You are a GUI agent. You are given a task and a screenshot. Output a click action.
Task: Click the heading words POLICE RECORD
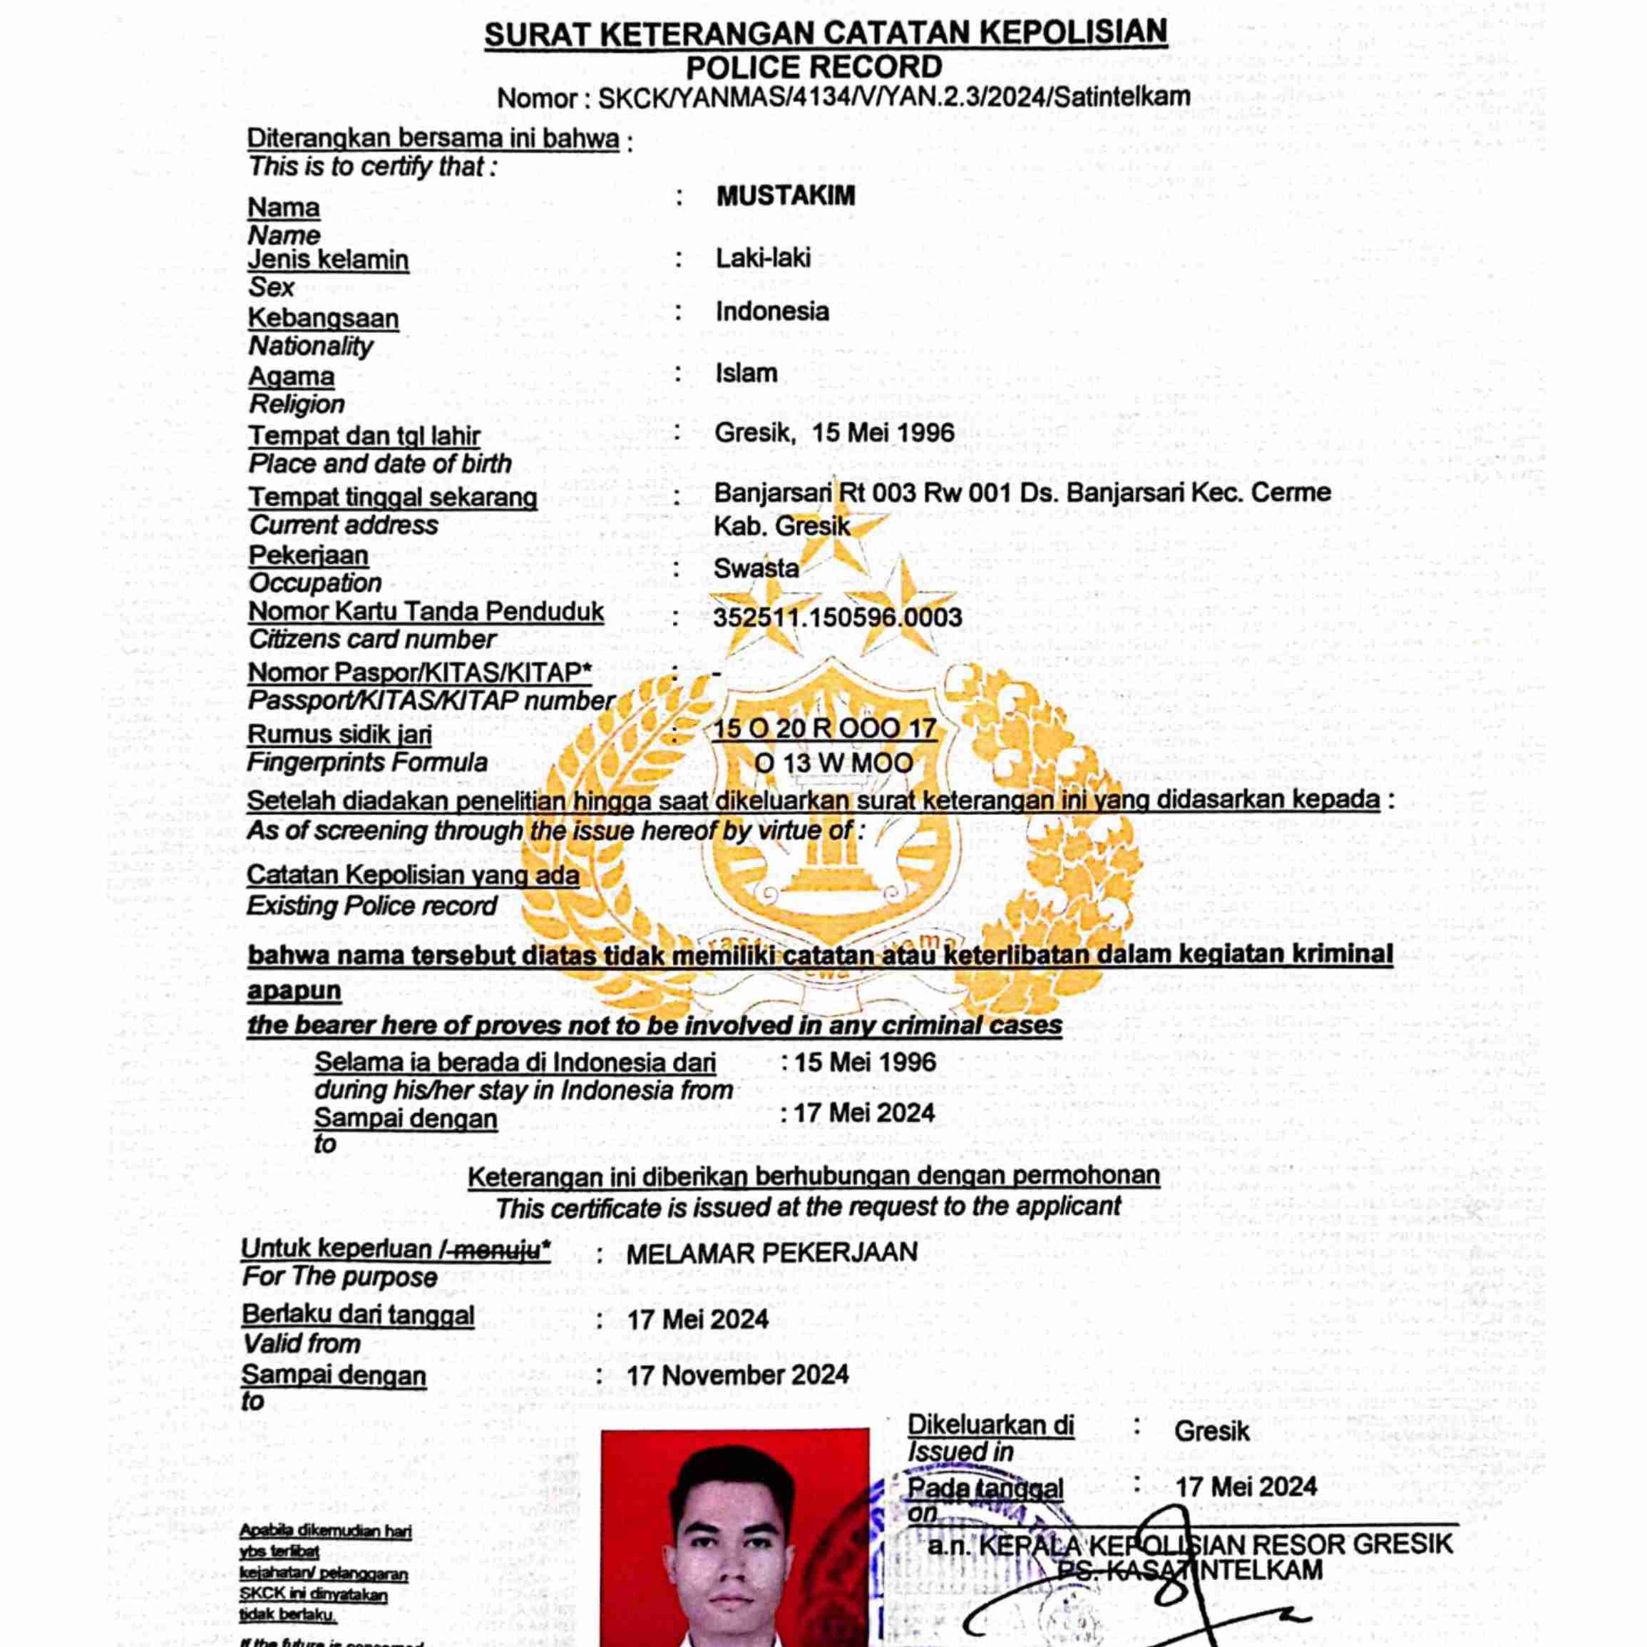point(814,66)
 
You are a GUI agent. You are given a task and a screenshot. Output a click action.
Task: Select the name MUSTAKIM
point(785,196)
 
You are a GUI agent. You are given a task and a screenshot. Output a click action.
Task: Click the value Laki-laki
point(763,257)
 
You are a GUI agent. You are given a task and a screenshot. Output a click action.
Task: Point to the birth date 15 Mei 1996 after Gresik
point(883,432)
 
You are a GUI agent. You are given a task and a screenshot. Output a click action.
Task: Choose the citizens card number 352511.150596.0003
point(837,617)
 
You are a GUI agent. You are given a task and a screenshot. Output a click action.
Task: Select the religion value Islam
point(746,372)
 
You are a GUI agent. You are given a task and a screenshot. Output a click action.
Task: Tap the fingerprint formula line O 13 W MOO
point(833,763)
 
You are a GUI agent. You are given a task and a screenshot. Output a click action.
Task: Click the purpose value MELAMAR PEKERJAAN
point(771,1252)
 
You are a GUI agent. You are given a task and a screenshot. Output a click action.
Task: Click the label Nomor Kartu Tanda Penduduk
point(426,612)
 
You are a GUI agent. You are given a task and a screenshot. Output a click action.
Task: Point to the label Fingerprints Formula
point(366,762)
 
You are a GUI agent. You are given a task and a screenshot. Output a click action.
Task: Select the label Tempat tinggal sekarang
point(392,497)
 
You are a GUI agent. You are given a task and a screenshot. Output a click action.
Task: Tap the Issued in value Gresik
point(1211,1430)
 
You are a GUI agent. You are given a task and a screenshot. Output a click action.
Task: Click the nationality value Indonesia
point(771,311)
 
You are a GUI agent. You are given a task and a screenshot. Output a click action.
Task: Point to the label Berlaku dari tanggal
point(358,1315)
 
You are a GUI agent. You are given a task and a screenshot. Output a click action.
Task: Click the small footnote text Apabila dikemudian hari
point(326,1531)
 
